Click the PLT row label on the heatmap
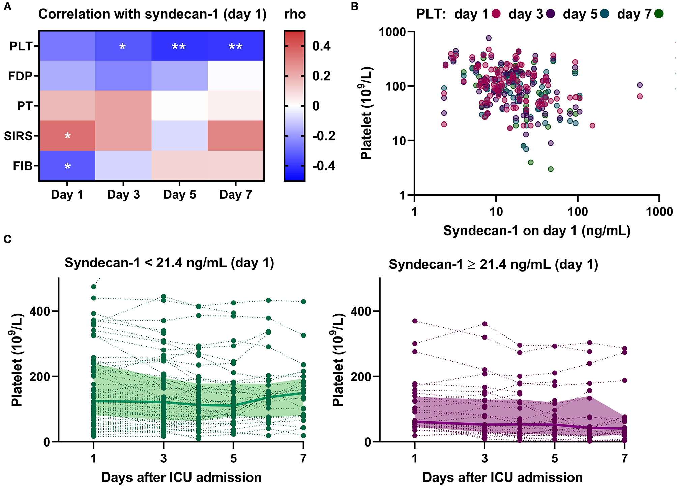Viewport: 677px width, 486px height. [21, 46]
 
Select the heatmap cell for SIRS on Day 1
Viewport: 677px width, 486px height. [67, 136]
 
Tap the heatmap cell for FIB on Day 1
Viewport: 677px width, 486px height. [67, 166]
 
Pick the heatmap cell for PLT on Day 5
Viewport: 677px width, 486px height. [179, 46]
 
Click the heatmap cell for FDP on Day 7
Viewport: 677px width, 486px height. [236, 76]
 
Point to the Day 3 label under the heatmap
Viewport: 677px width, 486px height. [123, 195]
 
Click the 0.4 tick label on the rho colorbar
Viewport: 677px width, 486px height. [321, 46]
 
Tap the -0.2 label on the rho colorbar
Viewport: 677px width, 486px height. [323, 136]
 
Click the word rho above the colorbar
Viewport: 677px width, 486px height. [295, 14]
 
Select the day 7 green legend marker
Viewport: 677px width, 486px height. [658, 14]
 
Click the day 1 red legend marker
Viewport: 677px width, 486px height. [496, 14]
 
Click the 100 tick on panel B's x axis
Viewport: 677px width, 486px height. [578, 212]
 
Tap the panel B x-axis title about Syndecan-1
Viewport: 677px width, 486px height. [537, 231]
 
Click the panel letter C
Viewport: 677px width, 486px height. [7, 239]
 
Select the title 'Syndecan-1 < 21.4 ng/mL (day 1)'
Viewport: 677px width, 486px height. [169, 263]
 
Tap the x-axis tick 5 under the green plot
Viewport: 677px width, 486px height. [233, 458]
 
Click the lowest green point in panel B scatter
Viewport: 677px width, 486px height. [551, 169]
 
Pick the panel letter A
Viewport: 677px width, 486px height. [7, 7]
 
